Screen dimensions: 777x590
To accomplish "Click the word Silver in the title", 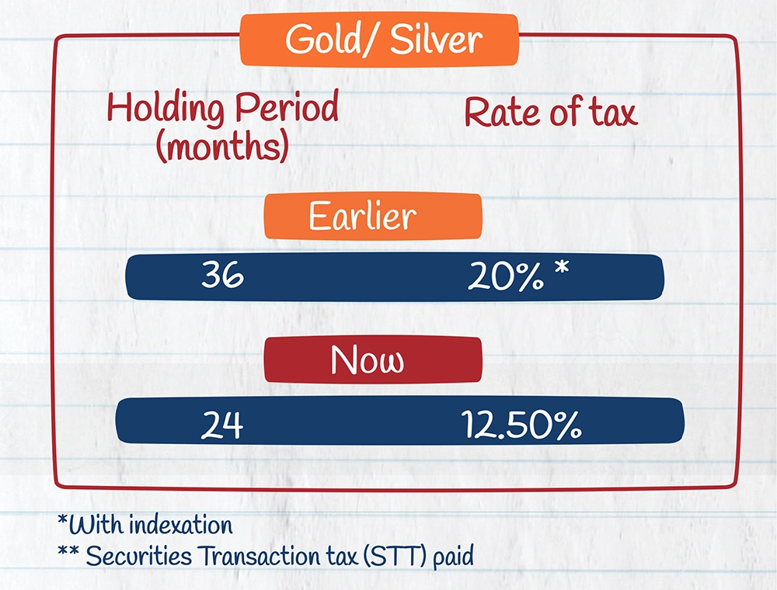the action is [436, 39].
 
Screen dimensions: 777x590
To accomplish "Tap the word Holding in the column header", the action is [166, 107].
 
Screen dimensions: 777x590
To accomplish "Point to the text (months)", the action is [222, 146].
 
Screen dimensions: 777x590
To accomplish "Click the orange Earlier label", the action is [373, 217].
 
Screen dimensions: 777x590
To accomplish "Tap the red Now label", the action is [373, 360].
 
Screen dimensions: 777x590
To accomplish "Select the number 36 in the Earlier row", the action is [222, 275].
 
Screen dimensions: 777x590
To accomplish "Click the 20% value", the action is [506, 276].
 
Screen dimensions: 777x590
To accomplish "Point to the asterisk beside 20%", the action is [562, 268].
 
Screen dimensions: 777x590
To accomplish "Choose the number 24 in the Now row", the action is [222, 425].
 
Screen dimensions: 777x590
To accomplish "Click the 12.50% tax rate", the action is [521, 425].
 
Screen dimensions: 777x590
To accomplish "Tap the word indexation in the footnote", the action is [181, 525].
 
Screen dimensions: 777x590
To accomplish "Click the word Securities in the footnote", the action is [139, 556].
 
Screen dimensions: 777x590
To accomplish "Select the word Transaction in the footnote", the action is [262, 556].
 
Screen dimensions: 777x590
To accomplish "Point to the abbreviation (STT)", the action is [395, 557].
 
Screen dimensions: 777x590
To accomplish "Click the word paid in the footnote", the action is [454, 557].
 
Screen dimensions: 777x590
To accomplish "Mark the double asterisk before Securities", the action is [68, 551].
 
